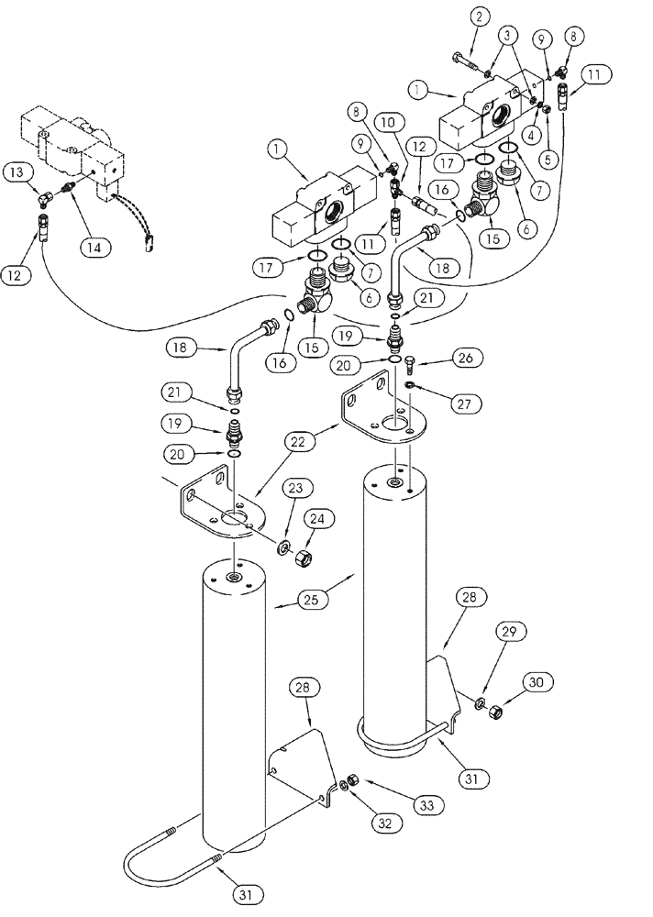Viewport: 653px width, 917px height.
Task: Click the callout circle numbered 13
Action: tap(17, 171)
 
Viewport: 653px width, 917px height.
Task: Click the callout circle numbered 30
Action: tap(536, 682)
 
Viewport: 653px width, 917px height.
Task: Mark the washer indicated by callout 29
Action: tap(480, 704)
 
